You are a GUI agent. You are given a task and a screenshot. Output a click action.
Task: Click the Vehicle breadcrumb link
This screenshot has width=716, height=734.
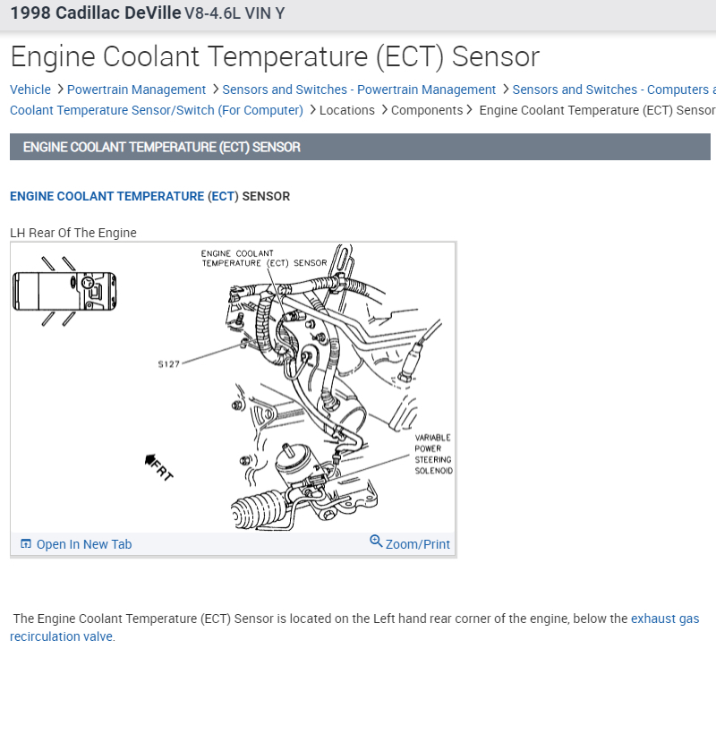[x=30, y=90]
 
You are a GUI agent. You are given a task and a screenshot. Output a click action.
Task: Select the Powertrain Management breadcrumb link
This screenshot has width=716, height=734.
[x=136, y=90]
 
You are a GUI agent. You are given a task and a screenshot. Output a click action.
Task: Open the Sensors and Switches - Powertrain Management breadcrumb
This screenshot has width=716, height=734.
[x=359, y=90]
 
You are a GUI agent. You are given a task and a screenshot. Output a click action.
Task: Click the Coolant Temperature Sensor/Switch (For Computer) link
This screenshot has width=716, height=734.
[x=157, y=110]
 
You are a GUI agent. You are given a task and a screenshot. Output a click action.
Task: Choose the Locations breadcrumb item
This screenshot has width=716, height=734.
[x=347, y=110]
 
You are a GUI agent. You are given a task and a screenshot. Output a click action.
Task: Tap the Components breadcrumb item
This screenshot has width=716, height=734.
[x=427, y=110]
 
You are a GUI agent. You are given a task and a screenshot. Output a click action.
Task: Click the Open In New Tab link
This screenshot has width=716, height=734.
[x=83, y=544]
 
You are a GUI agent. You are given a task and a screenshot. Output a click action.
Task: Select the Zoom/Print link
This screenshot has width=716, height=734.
[x=417, y=544]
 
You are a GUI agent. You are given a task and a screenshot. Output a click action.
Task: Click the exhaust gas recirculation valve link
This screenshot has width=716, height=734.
[x=665, y=619]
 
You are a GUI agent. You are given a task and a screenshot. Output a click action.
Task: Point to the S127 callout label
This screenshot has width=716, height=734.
[x=168, y=364]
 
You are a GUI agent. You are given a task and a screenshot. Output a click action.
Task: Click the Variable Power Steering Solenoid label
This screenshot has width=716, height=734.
[x=433, y=454]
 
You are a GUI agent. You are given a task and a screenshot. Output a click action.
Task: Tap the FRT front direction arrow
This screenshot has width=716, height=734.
[x=158, y=466]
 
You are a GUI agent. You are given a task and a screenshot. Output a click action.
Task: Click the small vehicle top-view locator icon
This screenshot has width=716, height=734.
[x=64, y=291]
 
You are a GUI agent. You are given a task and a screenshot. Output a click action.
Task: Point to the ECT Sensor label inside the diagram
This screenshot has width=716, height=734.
[x=264, y=258]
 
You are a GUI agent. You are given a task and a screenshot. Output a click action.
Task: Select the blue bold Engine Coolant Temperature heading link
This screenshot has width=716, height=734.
[x=107, y=196]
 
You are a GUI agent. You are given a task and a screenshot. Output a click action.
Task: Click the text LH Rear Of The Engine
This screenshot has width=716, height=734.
[x=73, y=233]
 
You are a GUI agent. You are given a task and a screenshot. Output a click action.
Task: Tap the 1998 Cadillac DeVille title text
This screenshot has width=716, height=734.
[x=95, y=14]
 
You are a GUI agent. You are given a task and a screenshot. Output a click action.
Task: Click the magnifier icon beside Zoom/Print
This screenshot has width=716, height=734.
[x=376, y=542]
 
